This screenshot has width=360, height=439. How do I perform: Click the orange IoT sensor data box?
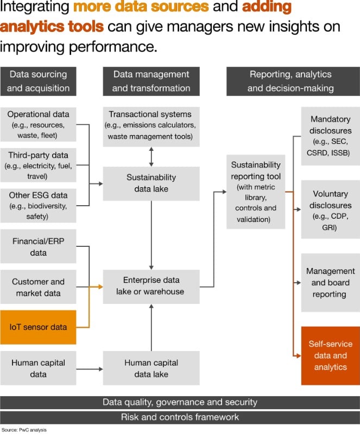coord(39,327)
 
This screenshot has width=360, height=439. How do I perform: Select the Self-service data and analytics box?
coord(330,355)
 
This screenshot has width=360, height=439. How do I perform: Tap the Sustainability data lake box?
coord(151,183)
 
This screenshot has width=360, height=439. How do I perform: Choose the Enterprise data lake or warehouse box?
coord(151,286)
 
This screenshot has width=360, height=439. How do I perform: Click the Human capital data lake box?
coord(151,368)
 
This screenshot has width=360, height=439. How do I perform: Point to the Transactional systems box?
coord(151,125)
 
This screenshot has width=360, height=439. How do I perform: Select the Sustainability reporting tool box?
coord(256,192)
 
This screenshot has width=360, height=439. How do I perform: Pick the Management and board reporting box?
coord(330,282)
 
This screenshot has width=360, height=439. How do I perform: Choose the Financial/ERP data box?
coord(39,247)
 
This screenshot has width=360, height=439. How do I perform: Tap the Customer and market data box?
coord(39,287)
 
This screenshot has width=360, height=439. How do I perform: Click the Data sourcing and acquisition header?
coord(39,81)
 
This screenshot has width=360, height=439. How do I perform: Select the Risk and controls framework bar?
coord(180,417)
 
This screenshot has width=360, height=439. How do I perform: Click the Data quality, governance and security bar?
coord(180,403)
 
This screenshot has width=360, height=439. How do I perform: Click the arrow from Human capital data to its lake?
coord(90,369)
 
